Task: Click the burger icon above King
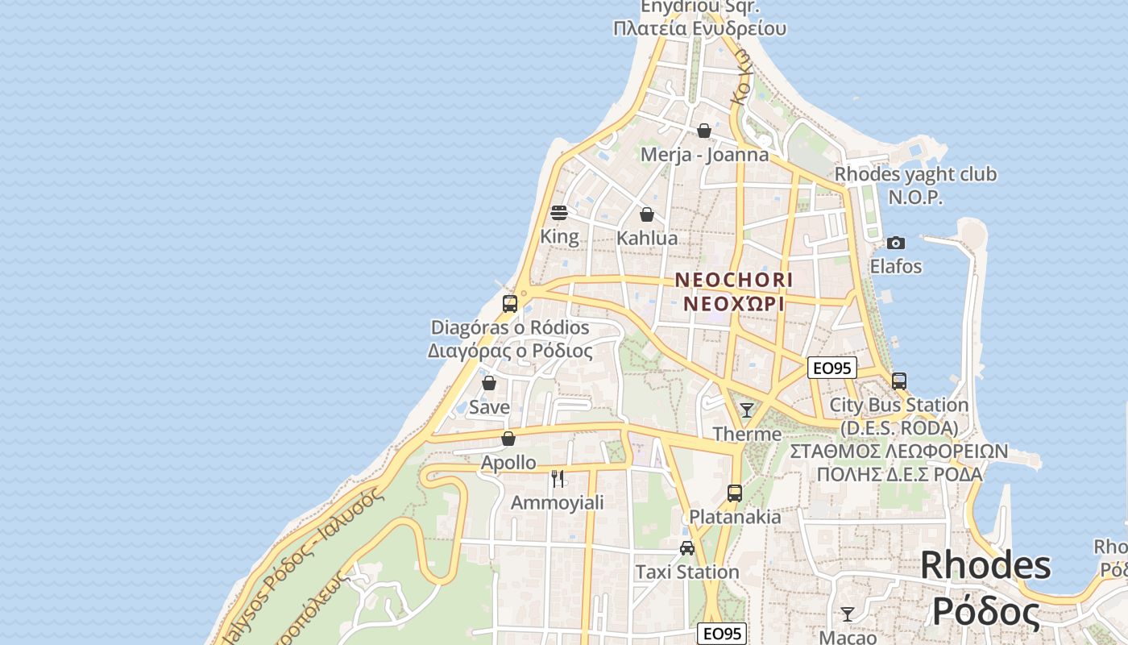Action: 559,213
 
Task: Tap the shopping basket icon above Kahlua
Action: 646,214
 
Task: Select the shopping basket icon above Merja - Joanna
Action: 704,131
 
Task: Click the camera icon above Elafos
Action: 895,243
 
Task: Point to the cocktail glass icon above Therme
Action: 747,410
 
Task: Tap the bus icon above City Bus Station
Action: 899,381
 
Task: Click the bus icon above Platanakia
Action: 735,493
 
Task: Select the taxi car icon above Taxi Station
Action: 687,548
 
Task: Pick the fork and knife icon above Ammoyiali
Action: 558,479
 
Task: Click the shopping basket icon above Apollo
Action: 508,439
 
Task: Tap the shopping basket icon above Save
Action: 489,383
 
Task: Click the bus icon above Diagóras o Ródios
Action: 510,304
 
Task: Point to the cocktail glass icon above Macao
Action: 848,614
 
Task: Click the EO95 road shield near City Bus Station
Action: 832,368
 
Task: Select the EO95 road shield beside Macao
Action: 722,634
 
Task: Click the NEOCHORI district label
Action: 733,280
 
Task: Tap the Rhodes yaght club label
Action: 915,175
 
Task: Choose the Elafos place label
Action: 896,266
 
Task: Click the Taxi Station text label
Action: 687,572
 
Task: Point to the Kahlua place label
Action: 647,239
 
